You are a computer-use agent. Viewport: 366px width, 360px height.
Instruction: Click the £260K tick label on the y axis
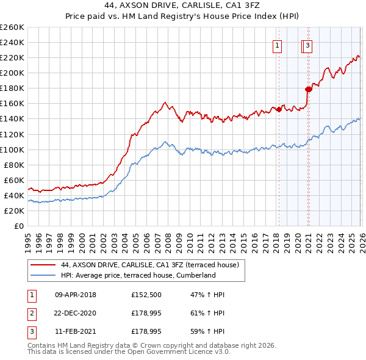coord(12,27)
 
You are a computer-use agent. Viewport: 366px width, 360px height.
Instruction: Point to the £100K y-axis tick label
coord(12,149)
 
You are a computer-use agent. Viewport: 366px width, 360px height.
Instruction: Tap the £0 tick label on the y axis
coord(19,226)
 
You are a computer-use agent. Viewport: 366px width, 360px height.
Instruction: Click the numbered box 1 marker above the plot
coord(278,45)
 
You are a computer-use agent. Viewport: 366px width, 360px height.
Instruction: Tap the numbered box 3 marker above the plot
coord(308,45)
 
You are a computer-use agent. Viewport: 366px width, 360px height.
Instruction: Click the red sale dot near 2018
coord(279,109)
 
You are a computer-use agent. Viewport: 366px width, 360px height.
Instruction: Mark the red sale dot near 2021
coord(309,89)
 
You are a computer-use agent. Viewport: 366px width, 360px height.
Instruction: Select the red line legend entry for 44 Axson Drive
coord(152,265)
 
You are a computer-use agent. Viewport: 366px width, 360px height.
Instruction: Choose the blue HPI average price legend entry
coord(138,275)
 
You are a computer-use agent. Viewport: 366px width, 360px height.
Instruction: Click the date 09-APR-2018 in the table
coord(76,295)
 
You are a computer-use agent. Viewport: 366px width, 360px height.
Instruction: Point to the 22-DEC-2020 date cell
coord(76,312)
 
